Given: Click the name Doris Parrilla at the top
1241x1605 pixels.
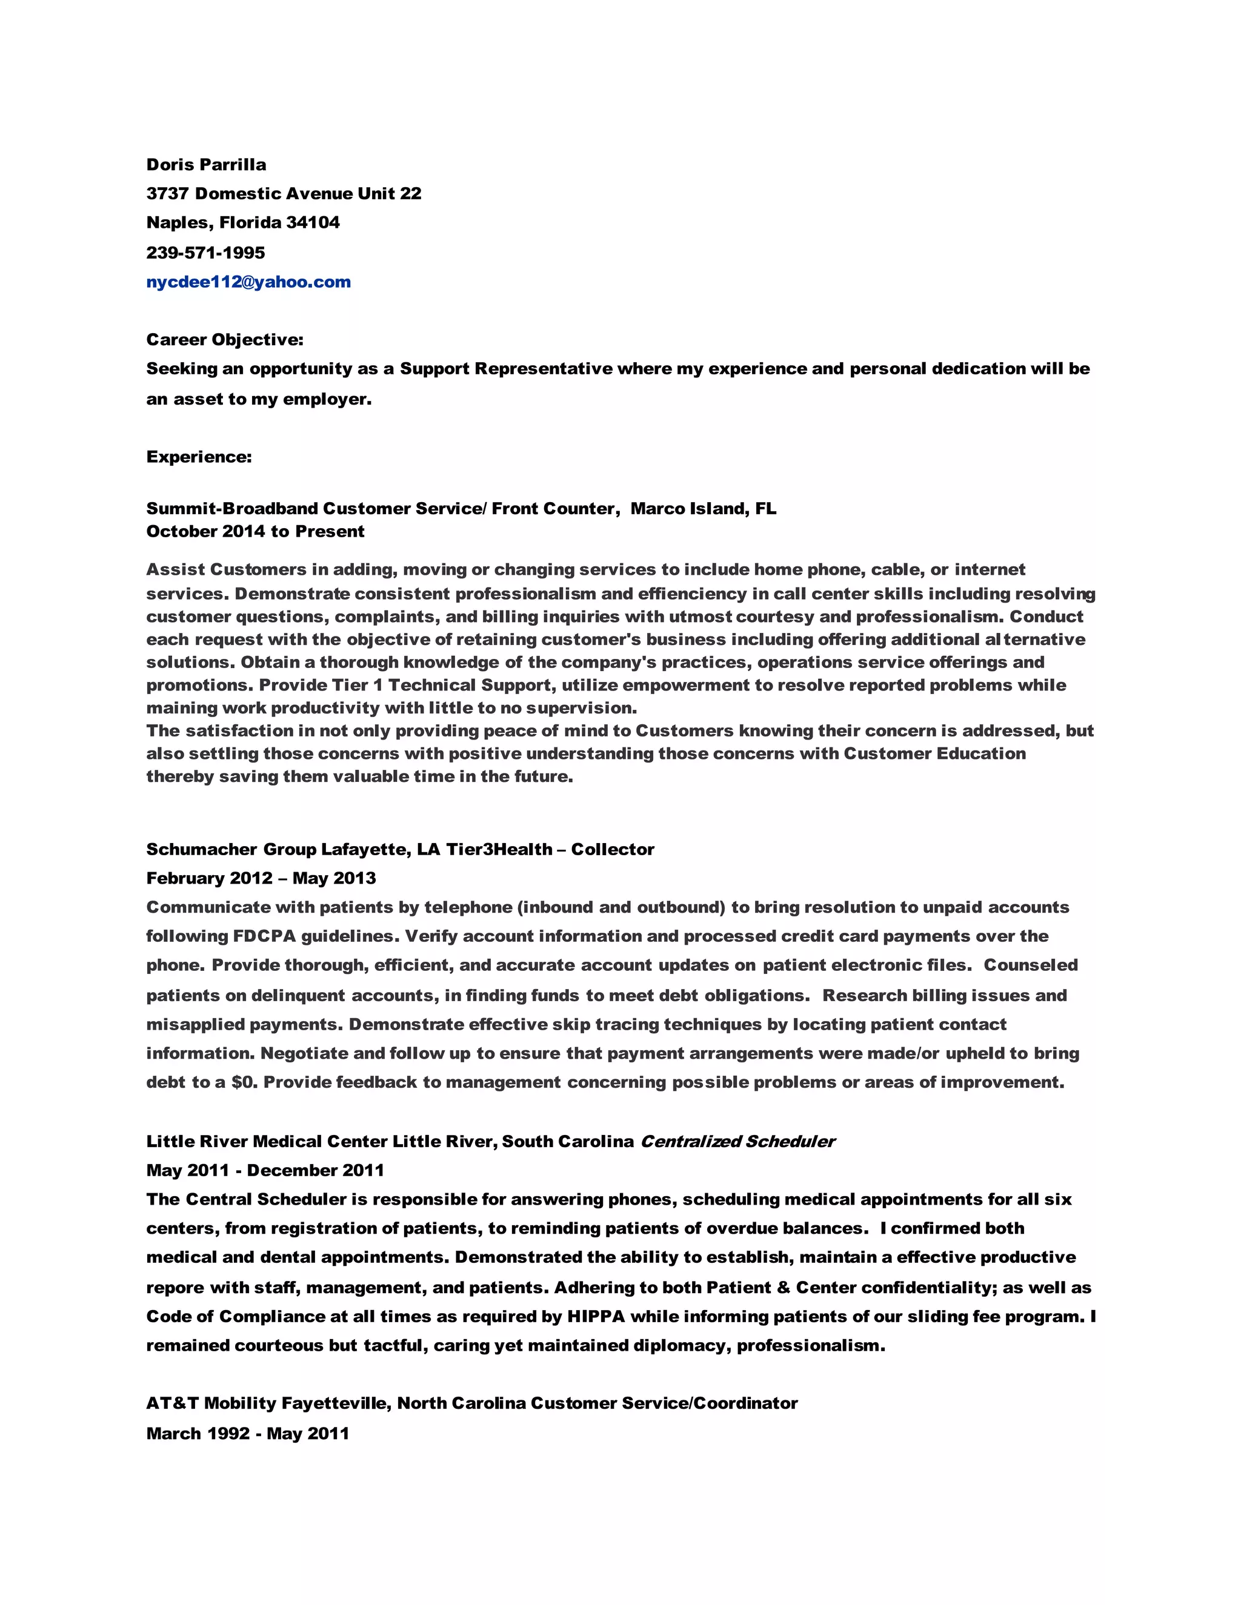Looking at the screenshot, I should click(206, 165).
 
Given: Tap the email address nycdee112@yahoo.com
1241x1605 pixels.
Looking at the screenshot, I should click(248, 282).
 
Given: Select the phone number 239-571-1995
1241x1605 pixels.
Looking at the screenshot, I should click(206, 253).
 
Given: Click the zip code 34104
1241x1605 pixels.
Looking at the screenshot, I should click(313, 223).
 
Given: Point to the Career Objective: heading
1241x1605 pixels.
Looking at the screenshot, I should click(225, 340).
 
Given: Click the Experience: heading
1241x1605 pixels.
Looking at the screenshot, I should click(199, 457).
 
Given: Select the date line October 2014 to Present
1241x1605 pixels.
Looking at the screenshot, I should click(255, 531).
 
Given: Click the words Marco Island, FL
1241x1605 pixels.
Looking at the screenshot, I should click(703, 509).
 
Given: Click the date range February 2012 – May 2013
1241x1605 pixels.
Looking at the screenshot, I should click(261, 878).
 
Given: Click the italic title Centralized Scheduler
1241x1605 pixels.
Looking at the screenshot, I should click(737, 1141).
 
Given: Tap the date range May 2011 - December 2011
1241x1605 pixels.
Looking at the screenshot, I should click(265, 1171).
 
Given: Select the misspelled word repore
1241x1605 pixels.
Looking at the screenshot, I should click(176, 1288).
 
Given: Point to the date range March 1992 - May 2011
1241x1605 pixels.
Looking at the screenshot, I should click(248, 1433).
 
